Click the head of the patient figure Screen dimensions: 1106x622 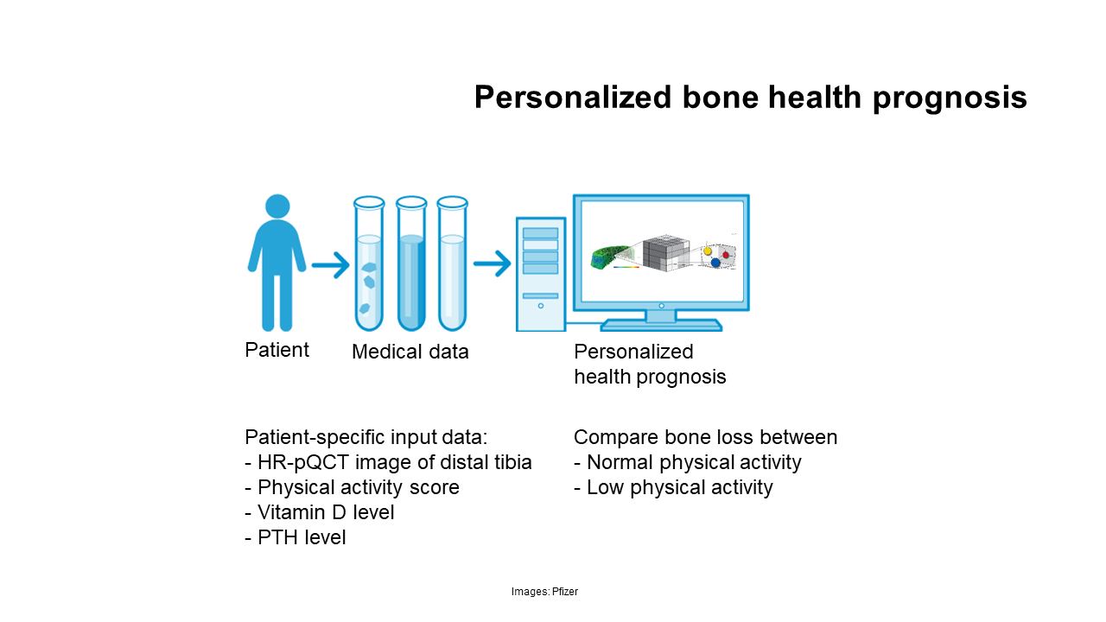pos(277,206)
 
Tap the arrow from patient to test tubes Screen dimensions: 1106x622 pos(330,265)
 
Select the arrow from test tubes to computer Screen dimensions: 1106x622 pos(492,263)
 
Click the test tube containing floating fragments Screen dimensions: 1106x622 pos(369,263)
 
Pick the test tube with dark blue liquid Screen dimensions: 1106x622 pos(411,263)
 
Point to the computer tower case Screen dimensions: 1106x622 pos(541,274)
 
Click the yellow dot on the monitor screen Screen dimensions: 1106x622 pos(708,251)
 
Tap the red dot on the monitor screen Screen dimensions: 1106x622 pos(726,255)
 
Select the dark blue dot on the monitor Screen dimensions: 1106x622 pos(715,263)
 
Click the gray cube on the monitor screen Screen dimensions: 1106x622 pos(666,253)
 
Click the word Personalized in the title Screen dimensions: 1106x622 pos(573,97)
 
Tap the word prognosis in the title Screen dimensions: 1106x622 pos(950,98)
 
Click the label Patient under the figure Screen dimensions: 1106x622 pos(276,350)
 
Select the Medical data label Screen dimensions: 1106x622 pos(410,352)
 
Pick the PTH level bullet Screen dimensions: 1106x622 pos(296,537)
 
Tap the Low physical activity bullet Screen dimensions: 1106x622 pos(673,488)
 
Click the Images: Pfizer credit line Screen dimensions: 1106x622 pos(544,592)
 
